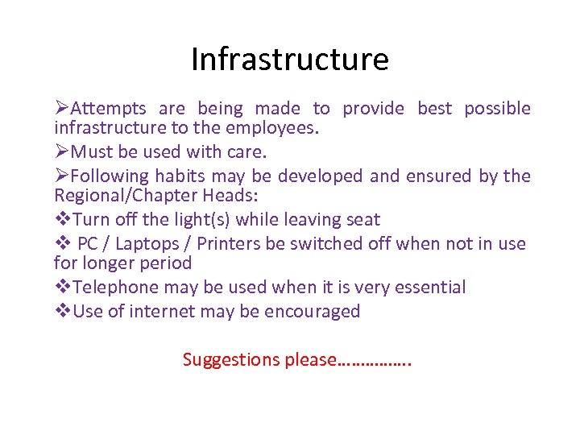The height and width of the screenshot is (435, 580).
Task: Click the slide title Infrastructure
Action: (x=289, y=60)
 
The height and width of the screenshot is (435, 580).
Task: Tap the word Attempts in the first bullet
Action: (x=109, y=109)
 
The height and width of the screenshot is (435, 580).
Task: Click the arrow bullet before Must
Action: (x=62, y=152)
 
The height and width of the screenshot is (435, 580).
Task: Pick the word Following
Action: (x=111, y=176)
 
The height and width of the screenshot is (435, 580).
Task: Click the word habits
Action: (x=180, y=176)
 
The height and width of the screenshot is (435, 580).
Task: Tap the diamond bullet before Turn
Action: (x=62, y=220)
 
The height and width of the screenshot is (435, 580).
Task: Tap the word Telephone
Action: (x=114, y=288)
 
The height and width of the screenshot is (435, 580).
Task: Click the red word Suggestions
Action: (x=232, y=360)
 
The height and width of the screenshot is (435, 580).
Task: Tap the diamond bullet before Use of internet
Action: (x=62, y=312)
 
